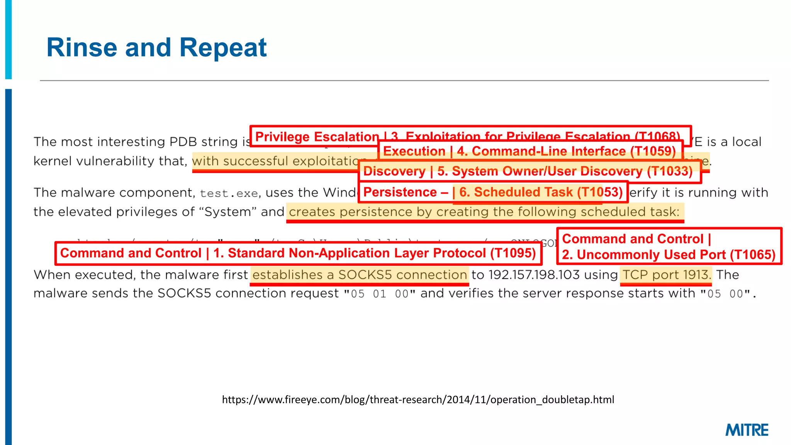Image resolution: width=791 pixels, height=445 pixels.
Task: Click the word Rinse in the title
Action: coord(81,48)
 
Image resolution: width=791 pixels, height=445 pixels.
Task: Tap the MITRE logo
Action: coord(747,430)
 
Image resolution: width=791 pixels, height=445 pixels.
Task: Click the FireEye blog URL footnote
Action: coord(418,399)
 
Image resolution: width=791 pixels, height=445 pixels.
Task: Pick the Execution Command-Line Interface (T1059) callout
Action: coord(529,151)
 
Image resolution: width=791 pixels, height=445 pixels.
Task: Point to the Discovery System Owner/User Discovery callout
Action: coord(528,171)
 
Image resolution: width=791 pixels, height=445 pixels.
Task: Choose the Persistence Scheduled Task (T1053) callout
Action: coord(493,192)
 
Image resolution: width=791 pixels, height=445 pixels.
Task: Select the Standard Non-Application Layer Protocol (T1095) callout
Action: coord(298,253)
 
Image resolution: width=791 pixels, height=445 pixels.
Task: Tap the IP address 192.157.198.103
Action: coord(534,275)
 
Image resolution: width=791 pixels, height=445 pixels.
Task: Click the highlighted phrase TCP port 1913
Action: coord(666,275)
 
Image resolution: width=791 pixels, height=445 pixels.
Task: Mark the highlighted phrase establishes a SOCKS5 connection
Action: coord(359,275)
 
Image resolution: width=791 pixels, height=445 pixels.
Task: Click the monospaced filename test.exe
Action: coord(229,193)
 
